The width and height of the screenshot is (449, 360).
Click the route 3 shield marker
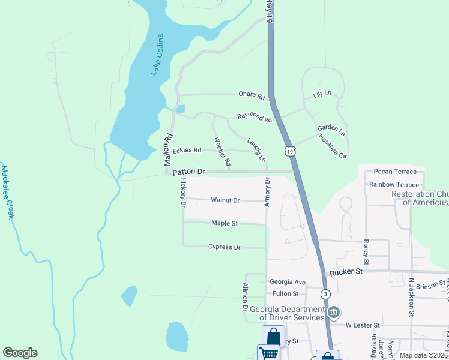tap(325, 293)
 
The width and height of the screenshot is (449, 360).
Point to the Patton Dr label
tap(188, 172)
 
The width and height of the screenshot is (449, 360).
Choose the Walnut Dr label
tap(225, 200)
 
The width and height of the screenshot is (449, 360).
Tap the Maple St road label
tap(224, 223)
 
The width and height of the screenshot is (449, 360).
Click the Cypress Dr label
tap(224, 247)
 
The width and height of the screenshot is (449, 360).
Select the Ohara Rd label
tap(252, 95)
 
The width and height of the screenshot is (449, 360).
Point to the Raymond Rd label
tap(254, 118)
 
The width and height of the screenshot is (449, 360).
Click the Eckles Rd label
tap(187, 150)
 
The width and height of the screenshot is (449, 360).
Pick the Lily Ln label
tap(322, 94)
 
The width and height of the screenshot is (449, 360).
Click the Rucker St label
tap(346, 271)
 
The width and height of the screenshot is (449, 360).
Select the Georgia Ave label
tap(288, 281)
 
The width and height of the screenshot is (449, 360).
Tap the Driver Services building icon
tap(335, 313)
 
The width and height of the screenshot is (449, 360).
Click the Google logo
tap(20, 353)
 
